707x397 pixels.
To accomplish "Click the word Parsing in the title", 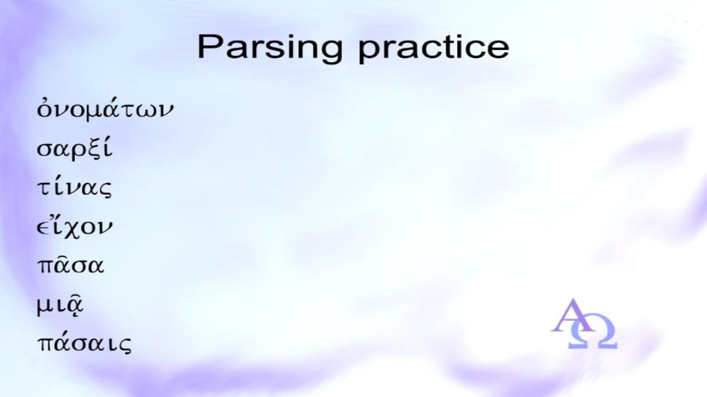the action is coord(270,49).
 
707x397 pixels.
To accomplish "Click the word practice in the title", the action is coord(434,49).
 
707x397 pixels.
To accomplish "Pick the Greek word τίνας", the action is coord(74,188).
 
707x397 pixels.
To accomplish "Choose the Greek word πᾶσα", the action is coord(70,265).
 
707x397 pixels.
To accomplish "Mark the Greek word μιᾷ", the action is coord(60,306).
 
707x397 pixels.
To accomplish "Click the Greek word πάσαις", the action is coord(84,343).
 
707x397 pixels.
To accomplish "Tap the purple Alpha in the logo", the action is coord(573,315).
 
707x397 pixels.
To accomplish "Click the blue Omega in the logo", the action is coord(593,335).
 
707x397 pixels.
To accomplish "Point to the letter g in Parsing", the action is coord(330,52).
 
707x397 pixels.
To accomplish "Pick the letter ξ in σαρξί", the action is coord(94,149).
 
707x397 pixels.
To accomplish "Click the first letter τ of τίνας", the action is coord(44,188).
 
